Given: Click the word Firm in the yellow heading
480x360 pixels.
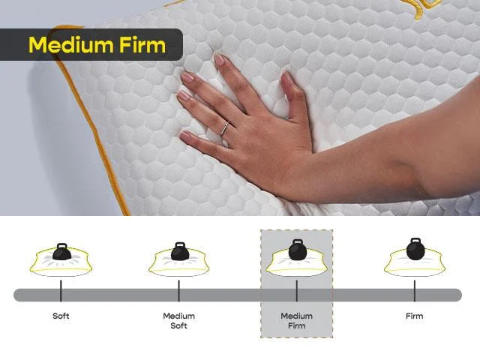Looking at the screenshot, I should [142, 44].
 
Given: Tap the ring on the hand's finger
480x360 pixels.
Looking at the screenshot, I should [224, 128].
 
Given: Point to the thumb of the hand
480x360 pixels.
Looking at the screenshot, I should [289, 94].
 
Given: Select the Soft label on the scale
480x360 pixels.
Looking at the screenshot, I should [61, 316].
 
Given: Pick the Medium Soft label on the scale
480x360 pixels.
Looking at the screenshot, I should [178, 320].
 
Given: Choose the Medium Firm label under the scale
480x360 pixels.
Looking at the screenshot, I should [296, 320].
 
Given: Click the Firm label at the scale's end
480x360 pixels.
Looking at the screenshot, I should [414, 316].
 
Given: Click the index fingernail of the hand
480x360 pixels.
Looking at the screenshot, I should [219, 60].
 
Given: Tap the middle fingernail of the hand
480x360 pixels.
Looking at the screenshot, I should [187, 77].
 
